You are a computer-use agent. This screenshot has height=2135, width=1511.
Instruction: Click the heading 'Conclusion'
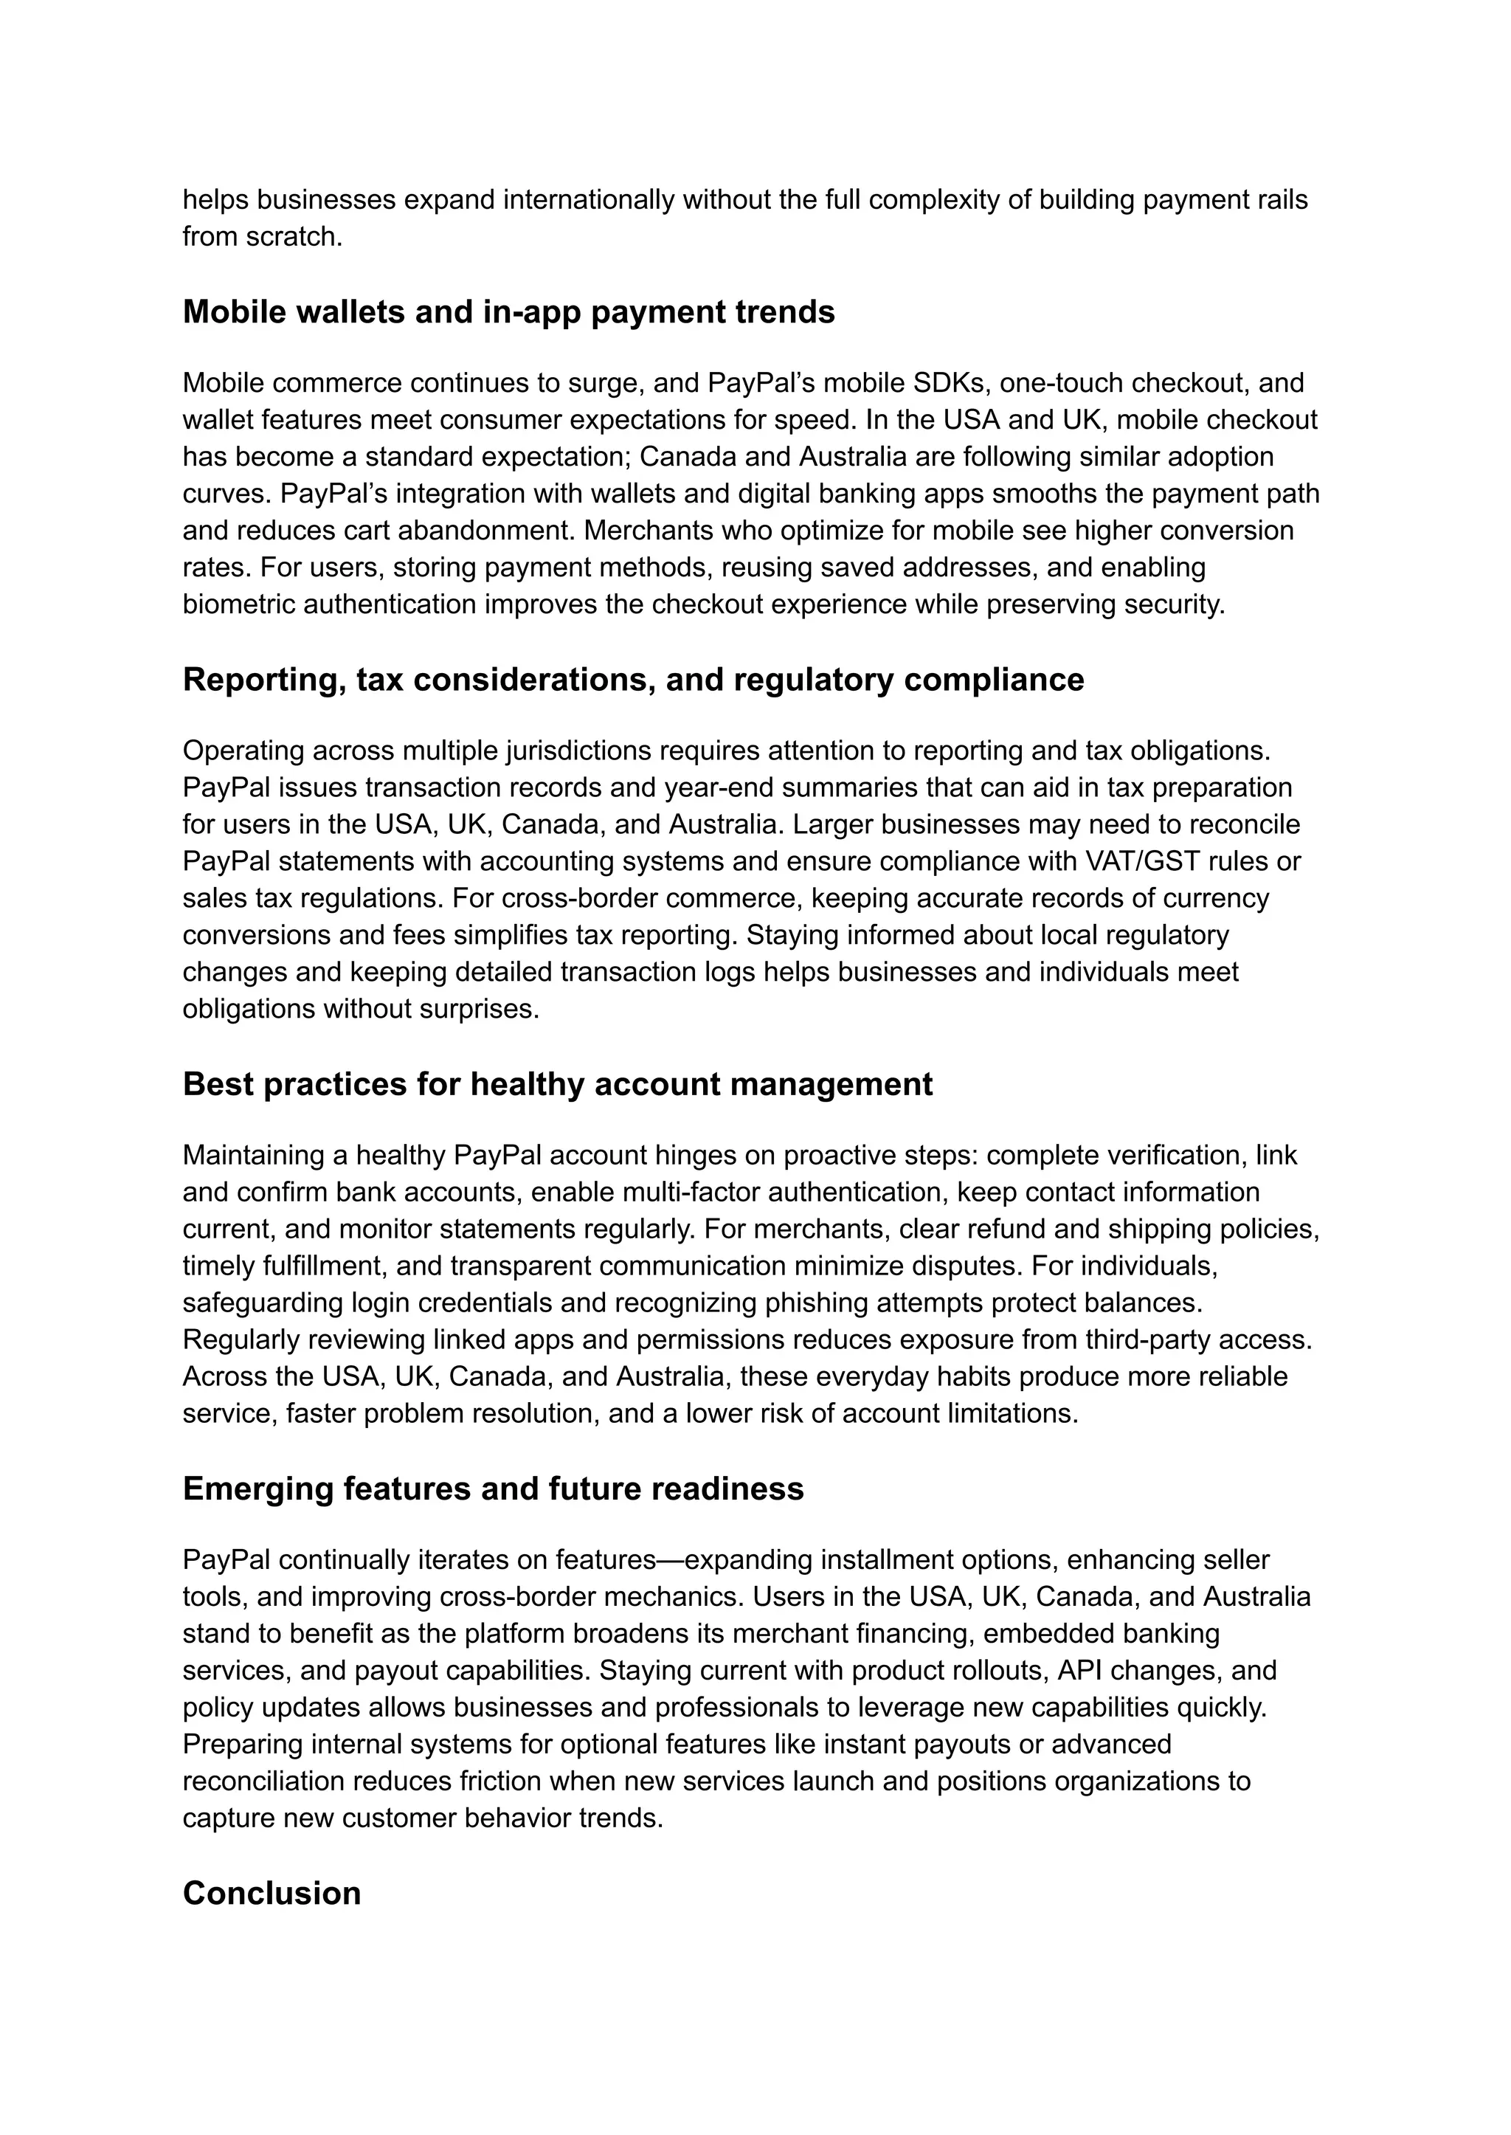point(271,1893)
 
